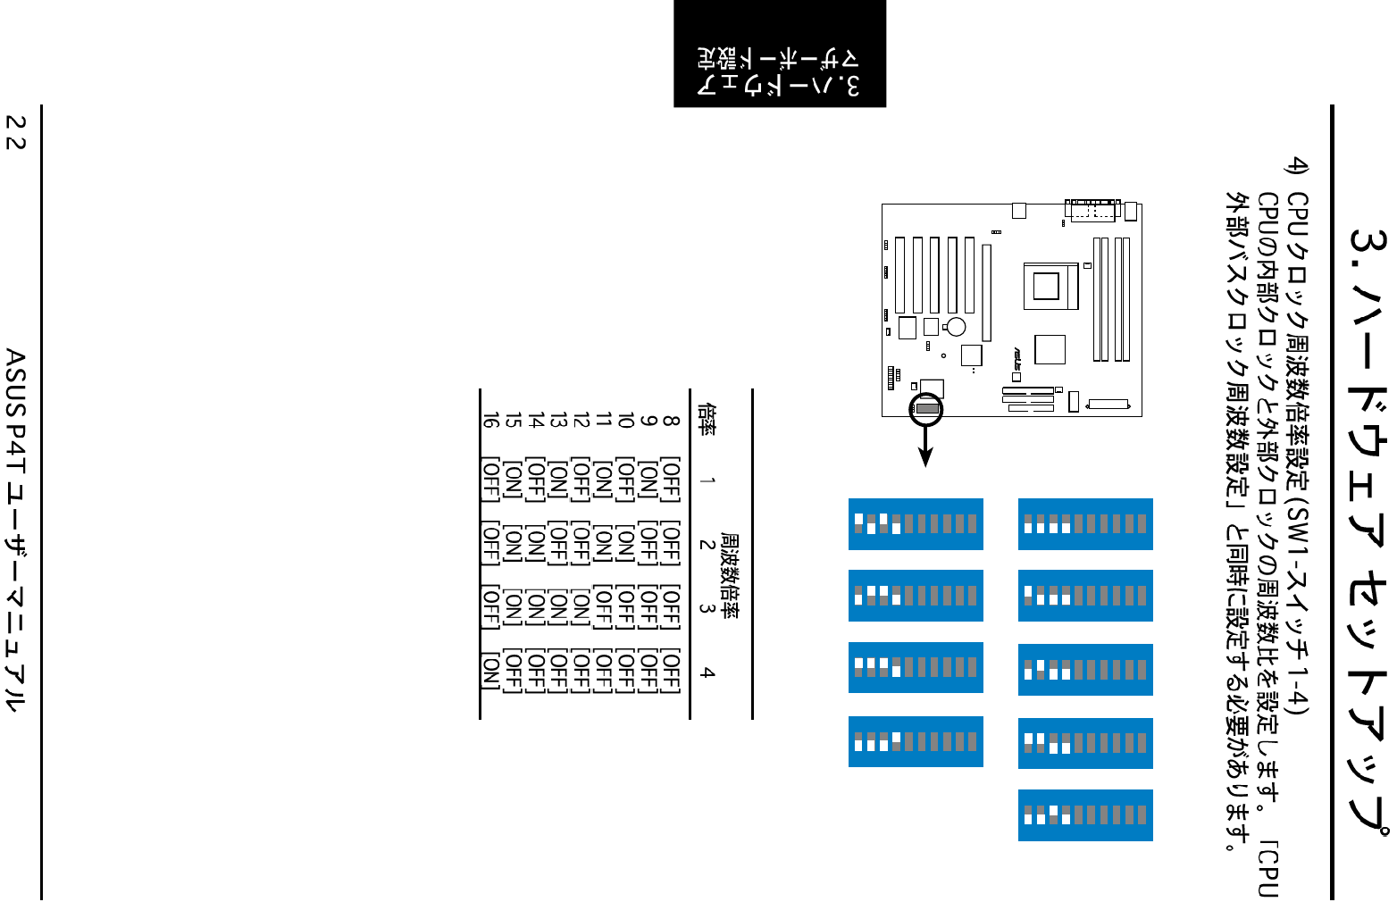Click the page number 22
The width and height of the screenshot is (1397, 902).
[x=16, y=131]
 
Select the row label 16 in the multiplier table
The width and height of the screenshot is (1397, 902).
[x=489, y=419]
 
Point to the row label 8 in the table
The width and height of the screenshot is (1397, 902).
[x=671, y=419]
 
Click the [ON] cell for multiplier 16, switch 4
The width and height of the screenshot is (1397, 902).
[x=489, y=672]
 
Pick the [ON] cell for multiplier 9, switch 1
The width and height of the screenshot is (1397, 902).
[x=648, y=481]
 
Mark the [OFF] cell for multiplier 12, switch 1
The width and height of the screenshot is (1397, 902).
[x=581, y=481]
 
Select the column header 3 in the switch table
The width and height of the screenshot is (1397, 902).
[x=707, y=608]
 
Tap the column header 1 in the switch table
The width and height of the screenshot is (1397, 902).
[x=707, y=481]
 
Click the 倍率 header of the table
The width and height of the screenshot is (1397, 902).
[x=707, y=419]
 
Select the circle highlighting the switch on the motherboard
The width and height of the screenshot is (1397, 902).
[x=926, y=409]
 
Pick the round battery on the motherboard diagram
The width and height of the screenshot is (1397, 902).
[x=957, y=327]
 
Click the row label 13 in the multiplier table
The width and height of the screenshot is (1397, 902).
[x=557, y=419]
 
